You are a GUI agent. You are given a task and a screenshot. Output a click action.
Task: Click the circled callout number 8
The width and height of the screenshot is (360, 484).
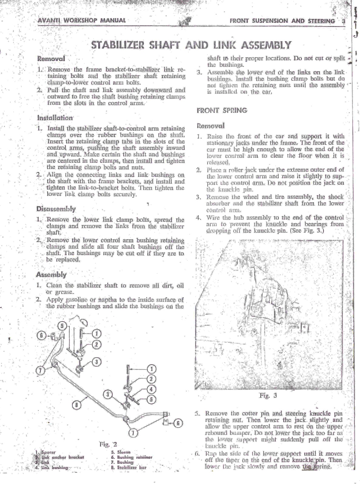(x=77, y=405)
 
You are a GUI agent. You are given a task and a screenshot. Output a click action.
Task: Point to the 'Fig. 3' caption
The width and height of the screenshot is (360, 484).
(x=268, y=396)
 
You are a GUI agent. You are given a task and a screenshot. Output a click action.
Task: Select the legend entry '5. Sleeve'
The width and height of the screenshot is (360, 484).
(x=121, y=452)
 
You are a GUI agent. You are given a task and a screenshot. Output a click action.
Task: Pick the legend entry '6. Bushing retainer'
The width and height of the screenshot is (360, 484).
(x=131, y=457)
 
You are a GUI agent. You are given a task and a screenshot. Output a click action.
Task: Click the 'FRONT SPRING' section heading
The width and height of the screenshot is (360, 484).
(x=222, y=110)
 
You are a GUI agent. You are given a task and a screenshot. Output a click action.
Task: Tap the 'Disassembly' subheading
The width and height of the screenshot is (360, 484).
(x=56, y=209)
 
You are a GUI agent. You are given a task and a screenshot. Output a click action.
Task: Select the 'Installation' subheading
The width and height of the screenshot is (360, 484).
(x=55, y=118)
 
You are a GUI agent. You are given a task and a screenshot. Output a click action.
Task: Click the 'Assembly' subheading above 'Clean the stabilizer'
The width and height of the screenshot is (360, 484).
(x=51, y=274)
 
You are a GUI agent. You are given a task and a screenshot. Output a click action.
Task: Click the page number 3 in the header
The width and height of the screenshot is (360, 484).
(x=343, y=21)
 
